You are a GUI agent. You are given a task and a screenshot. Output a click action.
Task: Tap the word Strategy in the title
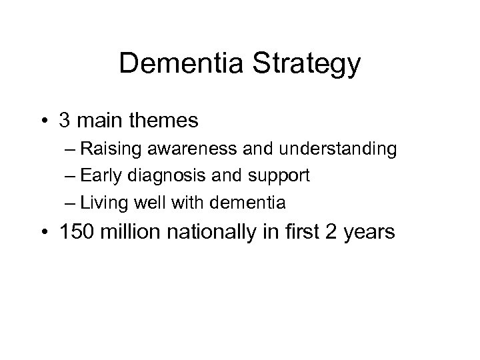[305, 65]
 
